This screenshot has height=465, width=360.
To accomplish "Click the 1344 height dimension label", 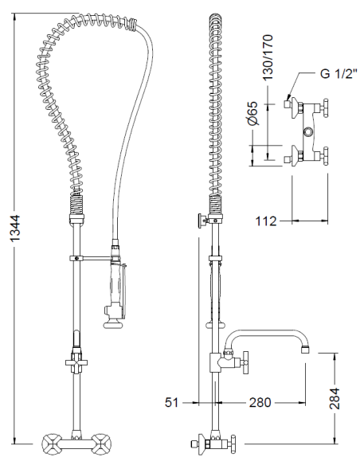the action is coord(15,228).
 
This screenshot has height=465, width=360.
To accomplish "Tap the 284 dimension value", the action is coord(335,398).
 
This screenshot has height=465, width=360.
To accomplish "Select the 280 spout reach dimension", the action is coord(260,402).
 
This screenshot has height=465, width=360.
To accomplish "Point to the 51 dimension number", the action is coord(172,402).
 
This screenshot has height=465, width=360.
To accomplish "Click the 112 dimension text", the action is coord(266,221).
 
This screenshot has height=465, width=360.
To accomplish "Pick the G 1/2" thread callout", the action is coord(339,73).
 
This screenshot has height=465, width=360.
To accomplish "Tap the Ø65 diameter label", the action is coord(253,113).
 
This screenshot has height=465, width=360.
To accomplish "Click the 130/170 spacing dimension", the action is coord(268,57).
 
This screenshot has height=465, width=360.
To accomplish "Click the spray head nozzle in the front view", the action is coord(112,324).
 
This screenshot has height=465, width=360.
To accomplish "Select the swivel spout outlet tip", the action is coord(305,350).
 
